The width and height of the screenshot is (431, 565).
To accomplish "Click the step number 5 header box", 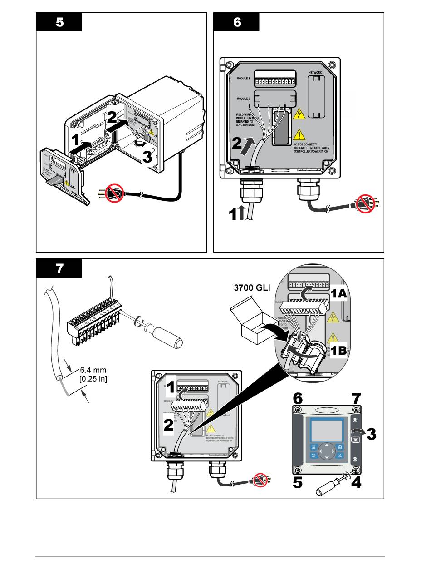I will pos(59,22).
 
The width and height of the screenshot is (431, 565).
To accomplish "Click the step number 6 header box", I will pos(236,22).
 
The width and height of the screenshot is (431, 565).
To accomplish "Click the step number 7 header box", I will pos(59,268).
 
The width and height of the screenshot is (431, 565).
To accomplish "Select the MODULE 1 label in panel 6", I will pos(243,79).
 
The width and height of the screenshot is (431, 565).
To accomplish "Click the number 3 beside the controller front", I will pos(371,434).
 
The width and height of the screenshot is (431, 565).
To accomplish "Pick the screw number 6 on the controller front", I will pos(297,399).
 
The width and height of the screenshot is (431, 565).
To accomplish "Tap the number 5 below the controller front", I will pos(297,482).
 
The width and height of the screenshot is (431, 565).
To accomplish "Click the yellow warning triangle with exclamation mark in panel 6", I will pos(299,134).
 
